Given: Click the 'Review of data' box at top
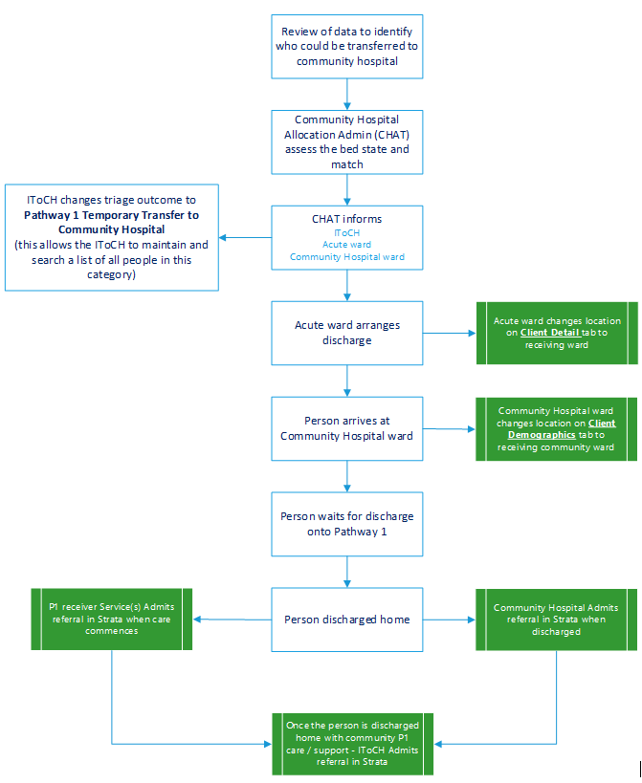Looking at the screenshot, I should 346,46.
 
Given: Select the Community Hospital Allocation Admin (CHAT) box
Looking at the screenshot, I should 346,141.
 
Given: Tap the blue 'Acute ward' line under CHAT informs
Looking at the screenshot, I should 346,245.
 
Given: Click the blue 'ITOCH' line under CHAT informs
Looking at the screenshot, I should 346,232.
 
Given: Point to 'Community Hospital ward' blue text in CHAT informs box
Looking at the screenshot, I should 346,257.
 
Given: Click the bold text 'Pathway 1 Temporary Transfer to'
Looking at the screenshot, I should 112,215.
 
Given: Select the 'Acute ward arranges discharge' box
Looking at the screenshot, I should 346,333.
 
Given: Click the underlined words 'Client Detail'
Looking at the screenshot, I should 549,333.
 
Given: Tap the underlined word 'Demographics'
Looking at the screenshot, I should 542,435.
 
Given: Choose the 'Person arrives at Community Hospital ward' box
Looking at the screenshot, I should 346,428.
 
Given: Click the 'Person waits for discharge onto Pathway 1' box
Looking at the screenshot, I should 346,523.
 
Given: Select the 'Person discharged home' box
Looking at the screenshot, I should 346,619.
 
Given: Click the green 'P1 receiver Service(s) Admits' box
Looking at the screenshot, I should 112,619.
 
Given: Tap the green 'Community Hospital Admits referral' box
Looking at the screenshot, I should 556,620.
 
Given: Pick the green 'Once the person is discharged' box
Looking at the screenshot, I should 351,743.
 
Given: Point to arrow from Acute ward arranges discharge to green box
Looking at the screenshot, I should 449,334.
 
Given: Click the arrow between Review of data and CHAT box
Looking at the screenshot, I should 346,94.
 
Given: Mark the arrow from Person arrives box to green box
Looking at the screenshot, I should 449,428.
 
